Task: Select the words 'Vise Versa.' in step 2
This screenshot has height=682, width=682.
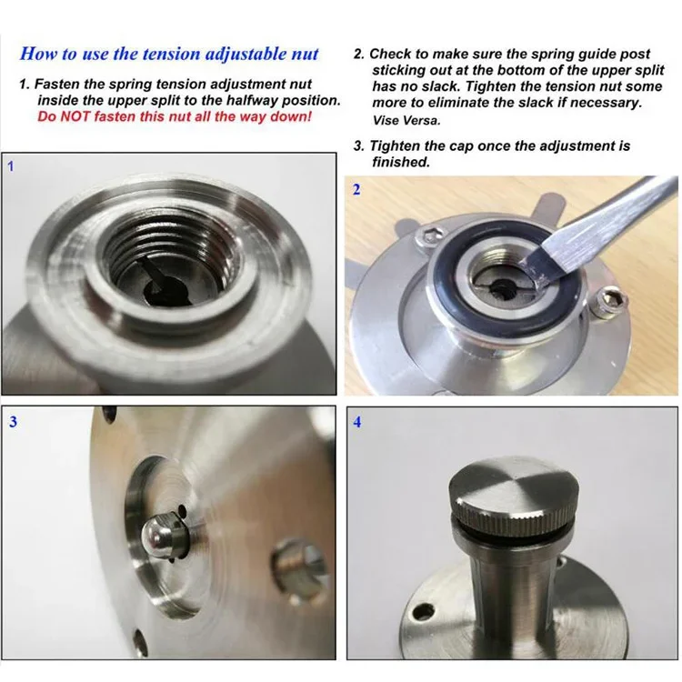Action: tap(406, 120)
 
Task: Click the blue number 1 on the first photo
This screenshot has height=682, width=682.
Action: tap(11, 166)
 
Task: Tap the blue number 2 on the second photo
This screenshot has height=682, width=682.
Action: tap(356, 190)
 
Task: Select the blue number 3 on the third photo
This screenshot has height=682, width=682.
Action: tap(13, 421)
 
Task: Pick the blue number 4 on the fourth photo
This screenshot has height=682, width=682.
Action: tap(357, 422)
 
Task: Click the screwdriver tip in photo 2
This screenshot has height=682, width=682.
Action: tap(540, 268)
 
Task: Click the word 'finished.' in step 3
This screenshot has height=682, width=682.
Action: tap(401, 162)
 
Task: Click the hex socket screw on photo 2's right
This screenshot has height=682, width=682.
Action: tap(612, 300)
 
